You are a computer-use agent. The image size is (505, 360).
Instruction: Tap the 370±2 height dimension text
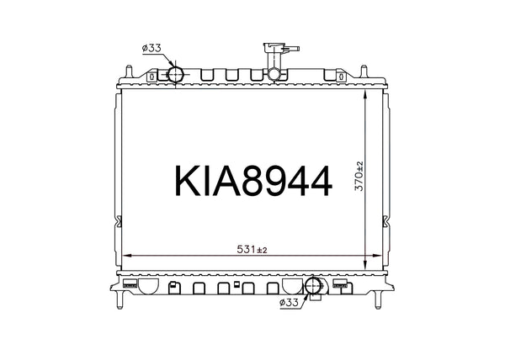pyautogui.click(x=359, y=177)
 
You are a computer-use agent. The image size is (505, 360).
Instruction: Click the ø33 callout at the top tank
pyautogui.click(x=151, y=49)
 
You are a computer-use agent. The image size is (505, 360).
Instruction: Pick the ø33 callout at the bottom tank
pyautogui.click(x=288, y=301)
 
